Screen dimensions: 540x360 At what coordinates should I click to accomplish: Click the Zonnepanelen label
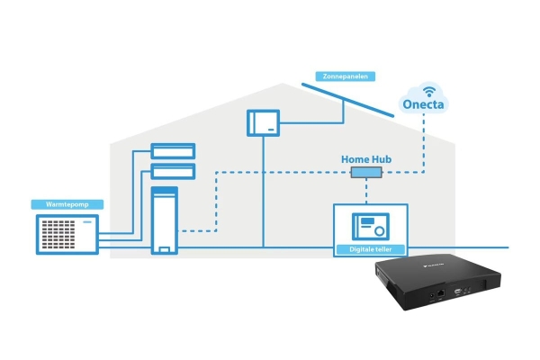345,76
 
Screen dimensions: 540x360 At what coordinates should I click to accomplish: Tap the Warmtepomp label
67,204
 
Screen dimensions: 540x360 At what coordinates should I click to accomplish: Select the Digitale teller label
371,249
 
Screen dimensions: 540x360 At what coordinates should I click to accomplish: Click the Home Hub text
366,159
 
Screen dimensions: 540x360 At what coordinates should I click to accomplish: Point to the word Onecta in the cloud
423,104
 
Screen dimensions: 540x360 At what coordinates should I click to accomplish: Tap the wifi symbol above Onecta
429,92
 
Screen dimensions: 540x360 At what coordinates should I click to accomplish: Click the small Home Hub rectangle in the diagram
366,172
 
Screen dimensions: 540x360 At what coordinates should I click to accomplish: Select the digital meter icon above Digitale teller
371,226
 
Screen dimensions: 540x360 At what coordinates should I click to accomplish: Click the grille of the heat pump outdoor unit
58,234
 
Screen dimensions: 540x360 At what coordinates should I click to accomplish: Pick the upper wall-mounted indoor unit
173,151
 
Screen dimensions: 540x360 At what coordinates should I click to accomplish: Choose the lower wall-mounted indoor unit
173,172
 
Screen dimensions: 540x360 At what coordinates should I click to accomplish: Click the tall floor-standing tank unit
165,220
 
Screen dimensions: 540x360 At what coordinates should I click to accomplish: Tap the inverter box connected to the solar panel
263,123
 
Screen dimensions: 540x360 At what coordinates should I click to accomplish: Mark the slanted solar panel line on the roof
347,100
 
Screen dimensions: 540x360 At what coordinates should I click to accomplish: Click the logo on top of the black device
433,265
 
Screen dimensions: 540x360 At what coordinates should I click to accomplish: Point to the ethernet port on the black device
441,294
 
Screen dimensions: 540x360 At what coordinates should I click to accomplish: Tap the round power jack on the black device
432,296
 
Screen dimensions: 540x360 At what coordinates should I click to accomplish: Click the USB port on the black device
458,292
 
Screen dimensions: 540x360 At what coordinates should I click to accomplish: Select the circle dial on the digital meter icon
379,231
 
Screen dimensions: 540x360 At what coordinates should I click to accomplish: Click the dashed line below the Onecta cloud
424,143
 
